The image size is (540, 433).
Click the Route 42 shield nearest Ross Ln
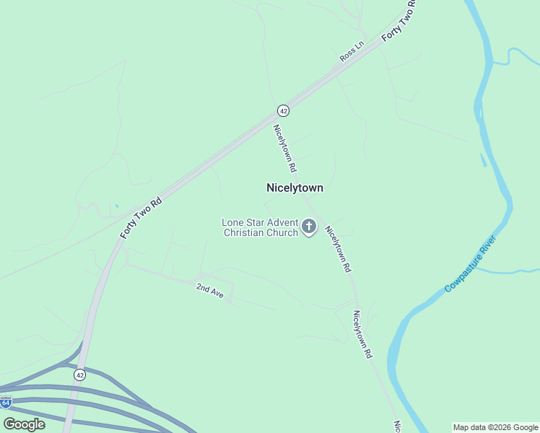point(283,110)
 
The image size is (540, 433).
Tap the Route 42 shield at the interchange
point(79,375)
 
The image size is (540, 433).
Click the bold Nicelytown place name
point(295,188)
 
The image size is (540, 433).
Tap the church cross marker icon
point(309,227)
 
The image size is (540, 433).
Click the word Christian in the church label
point(244,232)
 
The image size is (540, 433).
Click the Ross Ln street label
point(352,51)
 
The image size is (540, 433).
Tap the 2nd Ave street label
point(210,291)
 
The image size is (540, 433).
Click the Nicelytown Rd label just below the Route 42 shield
point(284,148)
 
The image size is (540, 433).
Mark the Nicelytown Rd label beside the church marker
point(338,249)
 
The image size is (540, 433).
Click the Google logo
point(24,424)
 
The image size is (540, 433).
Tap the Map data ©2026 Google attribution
point(495,427)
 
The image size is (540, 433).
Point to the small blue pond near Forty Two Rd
point(116,207)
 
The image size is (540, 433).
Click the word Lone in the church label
point(233,222)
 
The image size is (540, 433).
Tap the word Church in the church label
point(282,232)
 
